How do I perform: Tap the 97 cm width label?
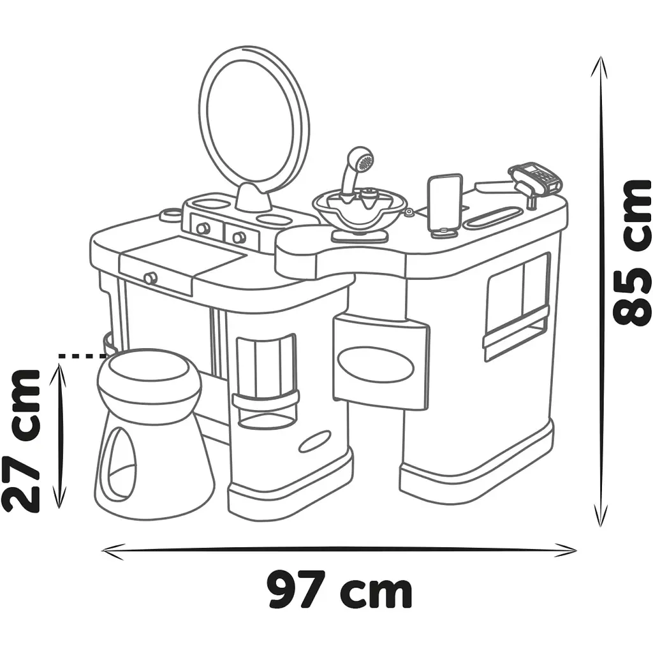[340, 591]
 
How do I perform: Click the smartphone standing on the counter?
[444, 205]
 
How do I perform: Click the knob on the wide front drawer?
[150, 278]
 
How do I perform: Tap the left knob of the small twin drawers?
[203, 228]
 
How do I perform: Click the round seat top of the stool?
[149, 380]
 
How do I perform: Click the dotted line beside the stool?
[82, 356]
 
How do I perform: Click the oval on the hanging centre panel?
[376, 363]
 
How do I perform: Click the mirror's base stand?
[254, 198]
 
